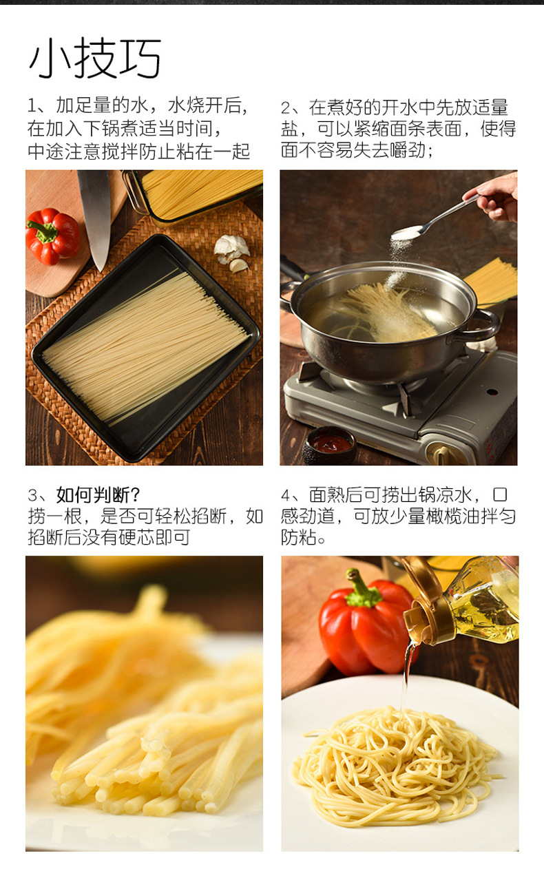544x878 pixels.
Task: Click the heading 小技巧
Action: coord(95,58)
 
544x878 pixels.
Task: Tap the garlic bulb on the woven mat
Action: coord(233,253)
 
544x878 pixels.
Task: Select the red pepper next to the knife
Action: coord(52,236)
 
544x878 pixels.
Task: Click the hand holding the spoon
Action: coord(496,196)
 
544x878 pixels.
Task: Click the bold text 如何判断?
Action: coord(98,495)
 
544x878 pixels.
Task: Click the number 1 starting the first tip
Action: coord(32,107)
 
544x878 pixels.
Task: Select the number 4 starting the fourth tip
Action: coord(286,496)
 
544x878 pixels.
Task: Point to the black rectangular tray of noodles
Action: coord(145,347)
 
